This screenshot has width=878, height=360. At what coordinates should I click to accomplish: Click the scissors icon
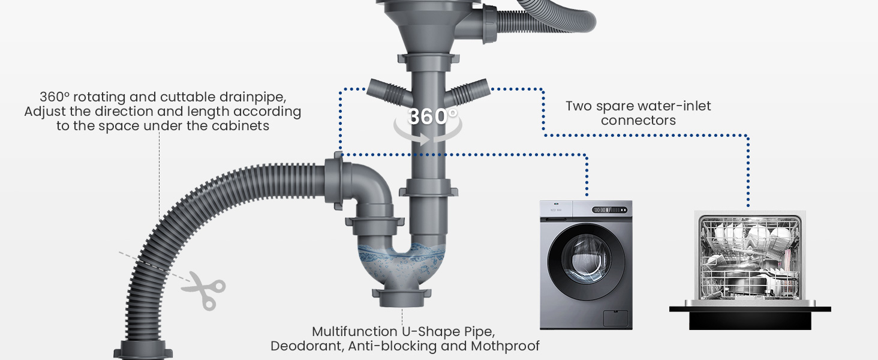pos(203,290)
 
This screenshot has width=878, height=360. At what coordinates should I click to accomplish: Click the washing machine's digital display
pos(609,210)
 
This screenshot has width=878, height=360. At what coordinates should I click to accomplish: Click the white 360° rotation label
pos(432,116)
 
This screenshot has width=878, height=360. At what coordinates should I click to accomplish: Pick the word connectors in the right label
pos(638,121)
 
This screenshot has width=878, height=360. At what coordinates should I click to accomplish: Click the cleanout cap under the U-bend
pos(402,298)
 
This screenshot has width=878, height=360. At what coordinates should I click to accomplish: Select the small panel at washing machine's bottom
pos(615,319)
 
